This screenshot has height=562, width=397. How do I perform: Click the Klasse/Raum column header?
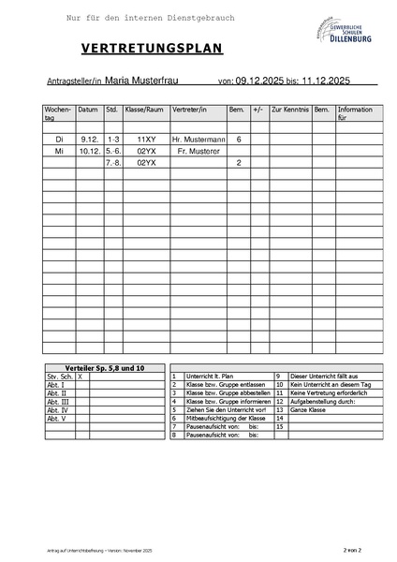pyautogui.click(x=144, y=110)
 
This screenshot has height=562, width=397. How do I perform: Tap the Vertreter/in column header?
pyautogui.click(x=189, y=110)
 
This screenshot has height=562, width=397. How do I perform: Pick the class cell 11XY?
pyautogui.click(x=146, y=139)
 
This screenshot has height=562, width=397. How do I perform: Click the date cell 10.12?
pyautogui.click(x=90, y=151)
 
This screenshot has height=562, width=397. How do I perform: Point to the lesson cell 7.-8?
pyautogui.click(x=113, y=163)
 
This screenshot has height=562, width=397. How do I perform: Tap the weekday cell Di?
pyautogui.click(x=59, y=139)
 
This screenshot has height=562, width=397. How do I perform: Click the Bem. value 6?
pyautogui.click(x=239, y=139)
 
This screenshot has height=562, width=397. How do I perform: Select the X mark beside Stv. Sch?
pyautogui.click(x=80, y=376)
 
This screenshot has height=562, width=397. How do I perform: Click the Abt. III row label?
pyautogui.click(x=58, y=401)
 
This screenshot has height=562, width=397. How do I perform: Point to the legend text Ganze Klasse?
pyautogui.click(x=309, y=409)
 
